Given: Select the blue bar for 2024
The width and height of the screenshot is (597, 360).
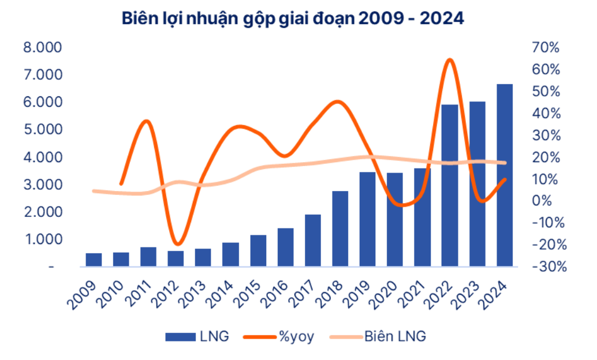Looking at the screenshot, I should [x=505, y=175].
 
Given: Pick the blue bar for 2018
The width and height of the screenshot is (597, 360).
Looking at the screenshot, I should [x=340, y=228].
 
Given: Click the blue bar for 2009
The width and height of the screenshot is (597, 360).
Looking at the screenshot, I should [x=94, y=260].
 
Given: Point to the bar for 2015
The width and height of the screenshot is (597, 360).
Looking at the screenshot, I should [x=258, y=250].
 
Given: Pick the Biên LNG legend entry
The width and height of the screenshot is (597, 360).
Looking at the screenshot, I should [x=378, y=337].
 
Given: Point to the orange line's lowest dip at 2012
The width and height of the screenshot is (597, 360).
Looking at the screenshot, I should [x=176, y=245].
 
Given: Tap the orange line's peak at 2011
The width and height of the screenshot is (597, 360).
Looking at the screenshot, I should [x=147, y=121].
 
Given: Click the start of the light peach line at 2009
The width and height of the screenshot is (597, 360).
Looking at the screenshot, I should [x=94, y=190].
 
